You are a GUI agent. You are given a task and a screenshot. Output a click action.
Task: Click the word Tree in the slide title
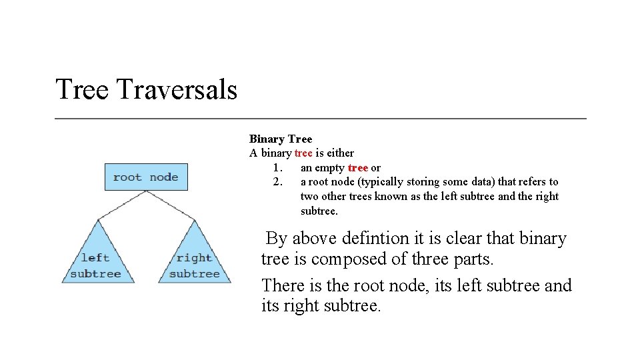pos(81,89)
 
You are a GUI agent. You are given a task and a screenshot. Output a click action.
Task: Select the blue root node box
pos(145,177)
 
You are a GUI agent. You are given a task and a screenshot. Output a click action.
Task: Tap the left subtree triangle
pos(97,260)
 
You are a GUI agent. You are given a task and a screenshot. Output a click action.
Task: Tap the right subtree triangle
pos(194,260)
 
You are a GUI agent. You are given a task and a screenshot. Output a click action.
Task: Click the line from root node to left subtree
pos(122,204)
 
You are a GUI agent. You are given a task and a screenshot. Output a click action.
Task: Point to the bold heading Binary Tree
pos(280,139)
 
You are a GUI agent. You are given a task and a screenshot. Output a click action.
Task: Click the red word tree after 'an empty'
pos(358,168)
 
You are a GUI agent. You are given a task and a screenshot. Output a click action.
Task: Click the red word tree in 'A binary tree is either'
pos(303,153)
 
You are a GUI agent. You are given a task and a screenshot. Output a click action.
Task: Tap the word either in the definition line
pos(339,153)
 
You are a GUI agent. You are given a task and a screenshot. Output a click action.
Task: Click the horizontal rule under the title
pos(320,119)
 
